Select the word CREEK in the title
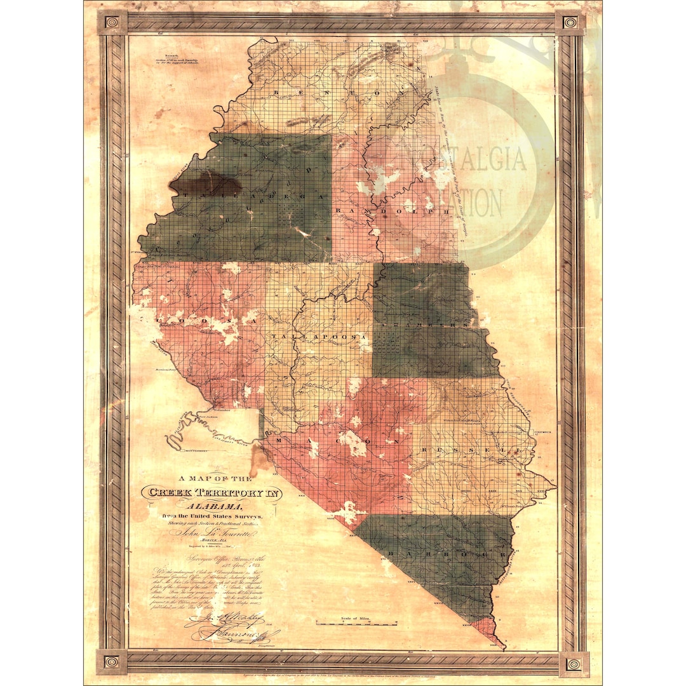pyautogui.click(x=171, y=492)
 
